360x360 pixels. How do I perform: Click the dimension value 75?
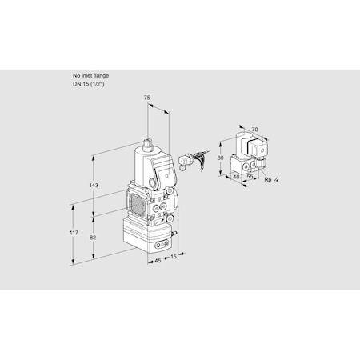(x=146, y=97)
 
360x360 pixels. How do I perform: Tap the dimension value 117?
(x=74, y=232)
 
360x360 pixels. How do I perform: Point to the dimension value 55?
(x=250, y=178)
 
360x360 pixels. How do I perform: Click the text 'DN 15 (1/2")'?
(x=91, y=84)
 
